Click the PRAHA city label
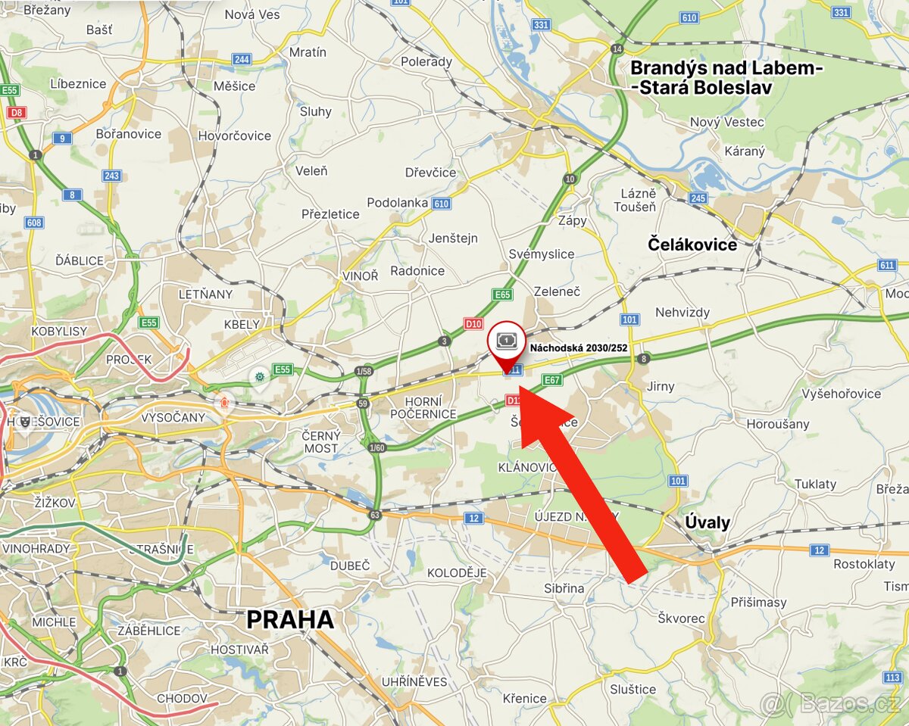click(x=290, y=620)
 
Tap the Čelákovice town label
click(x=692, y=245)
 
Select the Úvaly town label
click(x=708, y=522)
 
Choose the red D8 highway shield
click(x=15, y=112)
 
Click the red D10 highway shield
click(x=473, y=324)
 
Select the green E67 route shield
click(x=552, y=380)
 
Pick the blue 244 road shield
click(x=242, y=59)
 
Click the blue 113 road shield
click(x=894, y=676)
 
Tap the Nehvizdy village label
click(x=683, y=312)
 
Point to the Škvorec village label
click(x=681, y=618)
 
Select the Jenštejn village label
click(x=454, y=238)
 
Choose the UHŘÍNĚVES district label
click(x=414, y=681)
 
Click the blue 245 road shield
click(x=698, y=199)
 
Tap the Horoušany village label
click(x=777, y=424)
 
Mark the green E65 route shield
click(x=502, y=294)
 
